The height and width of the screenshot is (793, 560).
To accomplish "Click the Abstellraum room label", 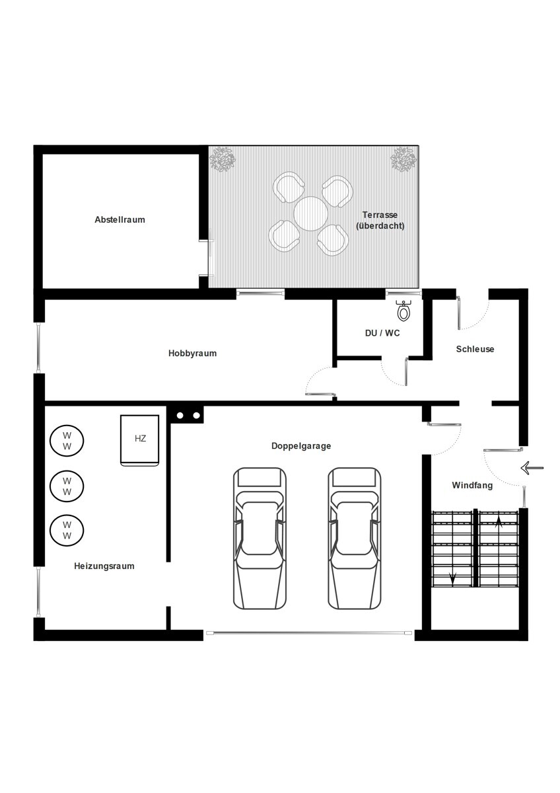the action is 120,219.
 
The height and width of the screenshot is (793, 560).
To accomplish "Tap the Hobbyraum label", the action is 192,354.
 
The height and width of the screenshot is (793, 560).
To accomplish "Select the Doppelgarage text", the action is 301,446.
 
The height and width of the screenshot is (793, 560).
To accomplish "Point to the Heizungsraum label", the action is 104,566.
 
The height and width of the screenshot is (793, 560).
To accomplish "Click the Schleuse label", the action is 475,349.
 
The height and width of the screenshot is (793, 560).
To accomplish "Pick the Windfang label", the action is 472,485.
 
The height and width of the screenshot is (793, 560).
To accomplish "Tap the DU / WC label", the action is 382,333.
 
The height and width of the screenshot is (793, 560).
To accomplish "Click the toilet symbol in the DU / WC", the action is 403,310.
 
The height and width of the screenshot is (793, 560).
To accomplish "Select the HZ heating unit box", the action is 140,440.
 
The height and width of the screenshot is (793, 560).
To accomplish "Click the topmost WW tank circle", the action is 67,441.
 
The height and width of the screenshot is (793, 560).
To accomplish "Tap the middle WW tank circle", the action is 67,486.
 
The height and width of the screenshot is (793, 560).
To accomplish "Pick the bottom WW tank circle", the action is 67,530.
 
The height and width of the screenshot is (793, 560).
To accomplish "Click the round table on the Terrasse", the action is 310,214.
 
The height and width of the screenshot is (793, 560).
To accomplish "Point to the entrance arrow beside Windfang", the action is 532,468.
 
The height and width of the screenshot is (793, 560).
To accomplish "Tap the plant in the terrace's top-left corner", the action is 223,159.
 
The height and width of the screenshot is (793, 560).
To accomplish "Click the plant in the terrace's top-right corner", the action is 403,159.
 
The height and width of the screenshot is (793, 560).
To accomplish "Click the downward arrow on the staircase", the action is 452,578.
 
